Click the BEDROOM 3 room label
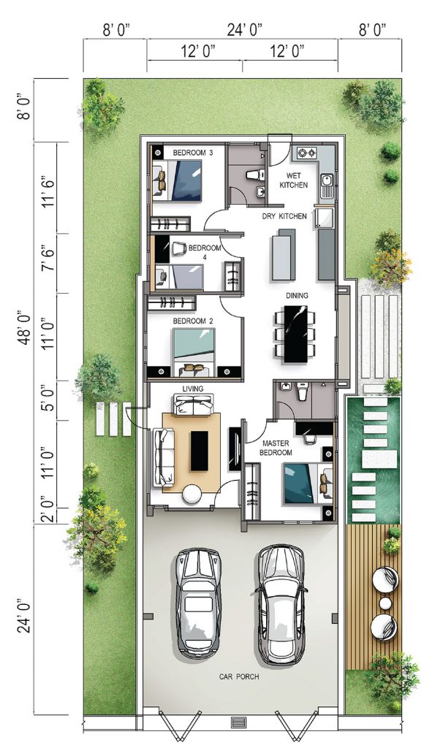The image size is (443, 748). [x=193, y=153]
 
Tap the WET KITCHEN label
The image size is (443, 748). [x=294, y=180]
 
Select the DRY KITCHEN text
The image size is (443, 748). [x=284, y=216]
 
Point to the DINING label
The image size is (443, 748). [x=297, y=296]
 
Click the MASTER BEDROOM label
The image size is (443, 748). [x=276, y=448]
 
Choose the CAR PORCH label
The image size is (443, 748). [x=239, y=676]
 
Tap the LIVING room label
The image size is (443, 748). [x=193, y=389]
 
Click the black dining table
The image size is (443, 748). [x=296, y=333]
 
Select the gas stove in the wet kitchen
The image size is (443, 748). [x=307, y=153]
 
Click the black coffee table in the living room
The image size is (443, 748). [x=199, y=451]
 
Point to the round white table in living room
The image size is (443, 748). [x=192, y=494]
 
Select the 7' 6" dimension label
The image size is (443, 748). [x=49, y=262]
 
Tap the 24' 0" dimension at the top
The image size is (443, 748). [x=245, y=31]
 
